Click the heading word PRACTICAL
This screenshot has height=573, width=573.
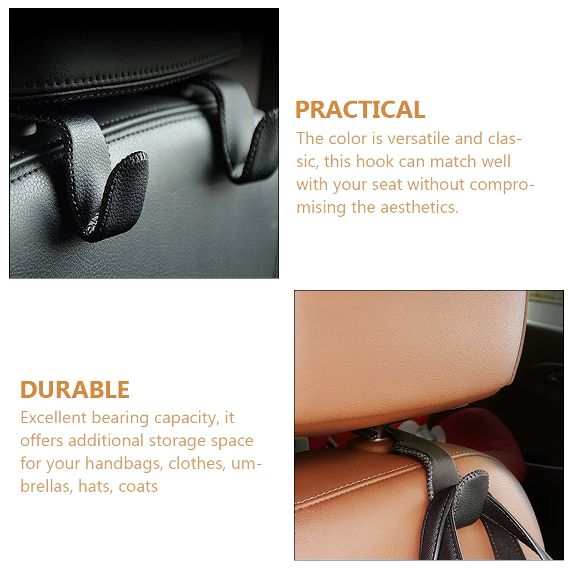coord(360,110)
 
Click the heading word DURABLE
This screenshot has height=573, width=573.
coord(75,390)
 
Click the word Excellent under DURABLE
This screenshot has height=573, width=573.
coord(54,418)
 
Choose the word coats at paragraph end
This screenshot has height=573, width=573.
coord(139,486)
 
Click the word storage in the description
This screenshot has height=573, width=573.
coord(182,441)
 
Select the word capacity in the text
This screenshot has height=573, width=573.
coord(184,418)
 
